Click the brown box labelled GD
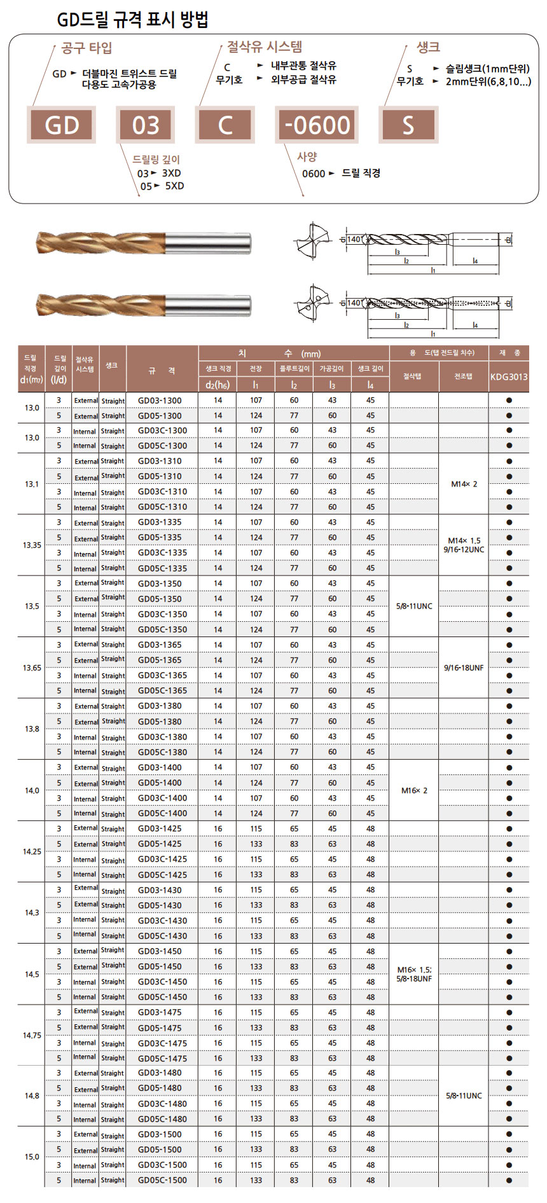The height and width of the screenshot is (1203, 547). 62,125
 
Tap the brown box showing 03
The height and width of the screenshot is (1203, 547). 146,125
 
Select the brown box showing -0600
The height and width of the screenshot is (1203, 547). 317,125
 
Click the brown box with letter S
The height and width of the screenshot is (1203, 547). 408,125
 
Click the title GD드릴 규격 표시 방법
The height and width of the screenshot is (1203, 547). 133,20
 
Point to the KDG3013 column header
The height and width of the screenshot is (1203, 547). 509,376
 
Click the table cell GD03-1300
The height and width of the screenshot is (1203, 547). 160,401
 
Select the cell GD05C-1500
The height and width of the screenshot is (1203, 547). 163,1180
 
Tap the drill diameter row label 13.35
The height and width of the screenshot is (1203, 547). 32,546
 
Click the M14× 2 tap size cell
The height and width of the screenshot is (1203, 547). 464,484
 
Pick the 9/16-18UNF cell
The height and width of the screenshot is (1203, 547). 464,668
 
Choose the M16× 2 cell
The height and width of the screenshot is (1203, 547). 414,790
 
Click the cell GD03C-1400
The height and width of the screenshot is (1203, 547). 163,798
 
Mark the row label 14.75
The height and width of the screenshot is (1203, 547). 32,1035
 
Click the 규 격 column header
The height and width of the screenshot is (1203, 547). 162,371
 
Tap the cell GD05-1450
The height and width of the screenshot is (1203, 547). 160,966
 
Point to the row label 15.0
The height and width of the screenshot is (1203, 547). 32,1157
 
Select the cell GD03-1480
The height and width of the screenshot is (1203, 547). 160,1073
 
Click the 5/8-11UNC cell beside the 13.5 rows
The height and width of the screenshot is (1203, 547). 414,606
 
